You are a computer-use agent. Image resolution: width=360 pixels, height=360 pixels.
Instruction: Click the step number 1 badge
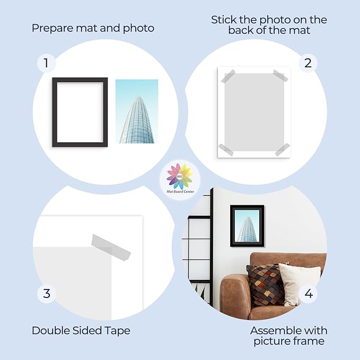46,63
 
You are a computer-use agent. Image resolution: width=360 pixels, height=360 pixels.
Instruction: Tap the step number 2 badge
308,63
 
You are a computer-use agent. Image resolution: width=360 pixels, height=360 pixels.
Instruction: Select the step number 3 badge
47,294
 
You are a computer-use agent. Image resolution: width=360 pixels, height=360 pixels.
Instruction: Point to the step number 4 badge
309,294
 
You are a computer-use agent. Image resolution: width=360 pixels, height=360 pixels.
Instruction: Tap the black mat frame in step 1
55,112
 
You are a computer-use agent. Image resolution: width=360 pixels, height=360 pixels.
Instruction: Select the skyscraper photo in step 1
137,111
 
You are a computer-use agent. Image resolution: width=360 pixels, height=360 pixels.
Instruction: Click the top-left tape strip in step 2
228,76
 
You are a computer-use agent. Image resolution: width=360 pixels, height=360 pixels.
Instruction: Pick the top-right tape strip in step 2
280,75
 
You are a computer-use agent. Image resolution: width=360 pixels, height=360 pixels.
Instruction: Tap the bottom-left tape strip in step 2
226,150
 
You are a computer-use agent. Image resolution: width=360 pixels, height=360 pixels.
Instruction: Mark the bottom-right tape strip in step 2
283,150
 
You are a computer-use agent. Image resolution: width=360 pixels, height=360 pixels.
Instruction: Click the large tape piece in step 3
111,248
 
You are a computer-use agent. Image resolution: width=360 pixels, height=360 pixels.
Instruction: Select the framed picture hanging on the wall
247,226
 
